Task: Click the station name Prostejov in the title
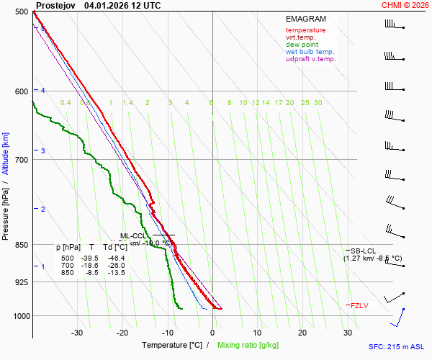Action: pyautogui.click(x=55, y=5)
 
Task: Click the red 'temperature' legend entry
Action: pyautogui.click(x=305, y=30)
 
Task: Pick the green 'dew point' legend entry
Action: pyautogui.click(x=302, y=45)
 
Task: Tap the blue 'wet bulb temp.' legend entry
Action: pyautogui.click(x=310, y=52)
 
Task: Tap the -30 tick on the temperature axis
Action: pyautogui.click(x=77, y=333)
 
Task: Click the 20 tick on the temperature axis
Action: pyautogui.click(x=302, y=333)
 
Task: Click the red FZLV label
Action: pyautogui.click(x=359, y=306)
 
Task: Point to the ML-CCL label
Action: pyautogui.click(x=133, y=235)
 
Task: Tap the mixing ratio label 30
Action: pyautogui.click(x=318, y=103)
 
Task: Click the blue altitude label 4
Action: pyautogui.click(x=43, y=90)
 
